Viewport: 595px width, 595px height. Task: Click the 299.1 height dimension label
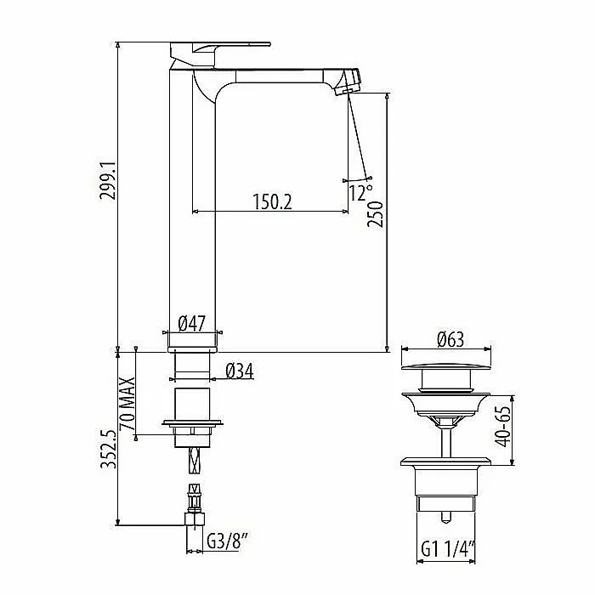(x=107, y=180)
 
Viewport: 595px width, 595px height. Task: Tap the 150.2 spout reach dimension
(x=273, y=201)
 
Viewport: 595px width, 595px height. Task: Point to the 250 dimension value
(x=375, y=214)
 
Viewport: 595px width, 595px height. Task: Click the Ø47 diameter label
(x=191, y=324)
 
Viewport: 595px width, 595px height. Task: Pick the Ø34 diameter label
(x=240, y=371)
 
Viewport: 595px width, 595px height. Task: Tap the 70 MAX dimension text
(x=127, y=403)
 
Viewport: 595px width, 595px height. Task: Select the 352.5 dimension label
(x=108, y=449)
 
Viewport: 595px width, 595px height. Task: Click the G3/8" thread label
(x=228, y=541)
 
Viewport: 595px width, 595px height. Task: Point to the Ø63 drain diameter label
(x=450, y=339)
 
